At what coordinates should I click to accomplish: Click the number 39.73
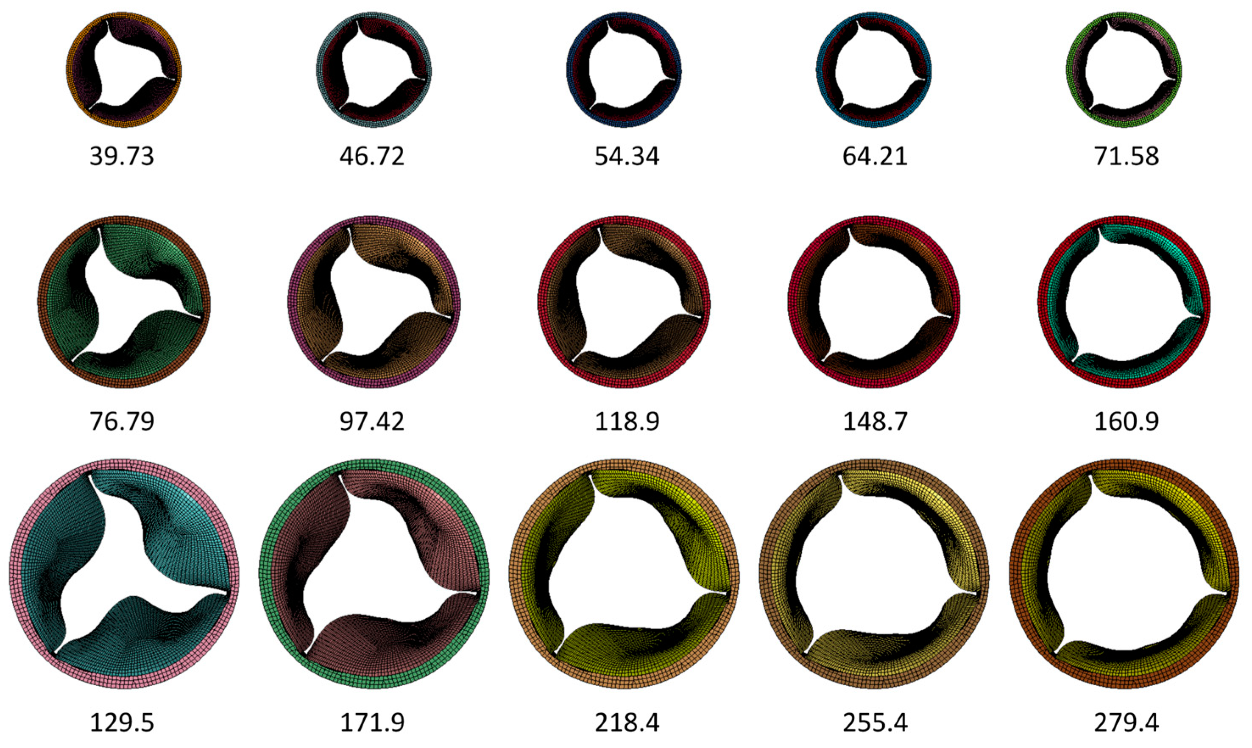point(122,157)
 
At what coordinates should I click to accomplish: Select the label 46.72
point(372,157)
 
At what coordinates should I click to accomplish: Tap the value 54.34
point(627,157)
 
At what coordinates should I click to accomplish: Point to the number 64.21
point(875,157)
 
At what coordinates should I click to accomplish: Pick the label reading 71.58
point(1127,157)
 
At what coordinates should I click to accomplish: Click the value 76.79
point(122,422)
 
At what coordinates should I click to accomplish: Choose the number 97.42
point(372,422)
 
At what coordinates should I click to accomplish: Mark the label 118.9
point(627,422)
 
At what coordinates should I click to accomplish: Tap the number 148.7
point(875,422)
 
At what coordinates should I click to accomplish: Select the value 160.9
point(1127,422)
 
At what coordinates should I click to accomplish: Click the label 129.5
point(122,723)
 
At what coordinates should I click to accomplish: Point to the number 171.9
point(372,723)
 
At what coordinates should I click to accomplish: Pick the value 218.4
point(627,723)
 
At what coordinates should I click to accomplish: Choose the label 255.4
point(875,723)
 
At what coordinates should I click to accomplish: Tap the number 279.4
point(1127,723)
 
